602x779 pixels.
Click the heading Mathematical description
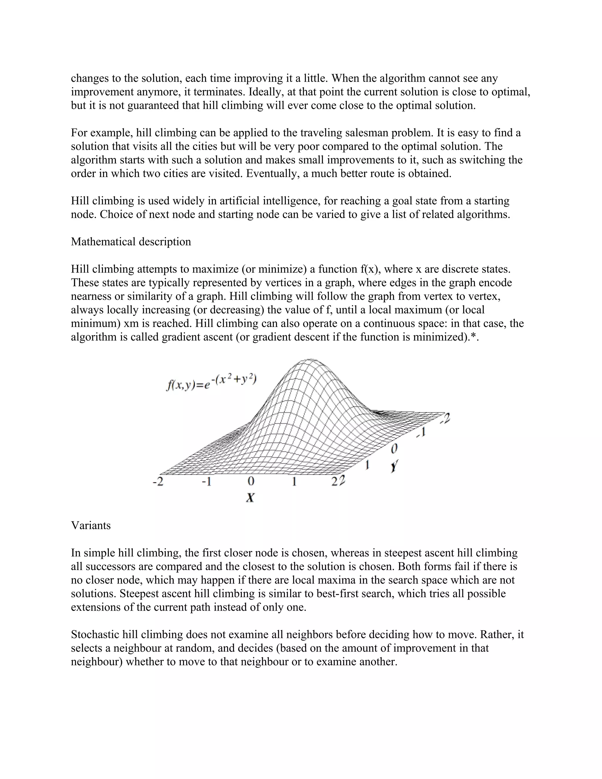tap(131, 242)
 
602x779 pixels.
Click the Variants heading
tap(91, 525)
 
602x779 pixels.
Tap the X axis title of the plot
tap(250, 498)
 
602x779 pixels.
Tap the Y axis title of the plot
tap(394, 466)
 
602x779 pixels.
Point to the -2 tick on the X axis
tap(158, 482)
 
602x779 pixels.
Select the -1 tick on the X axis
tap(206, 482)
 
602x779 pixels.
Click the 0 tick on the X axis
tap(251, 482)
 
